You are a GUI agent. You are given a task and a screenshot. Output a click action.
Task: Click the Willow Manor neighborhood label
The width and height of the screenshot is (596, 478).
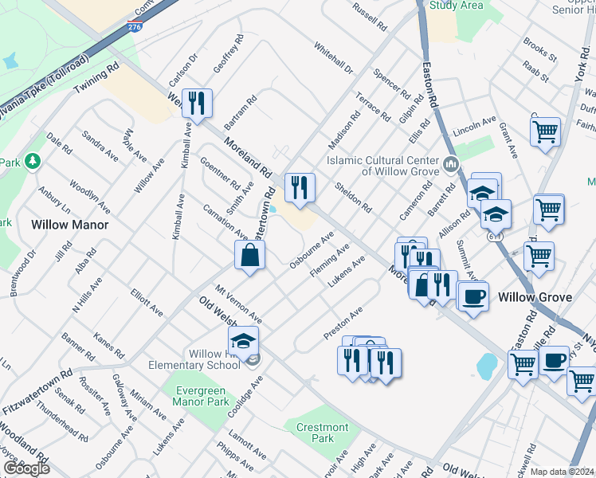pyautogui.click(x=69, y=225)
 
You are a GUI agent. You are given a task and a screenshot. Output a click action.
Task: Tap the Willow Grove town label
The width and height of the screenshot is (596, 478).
pyautogui.click(x=535, y=297)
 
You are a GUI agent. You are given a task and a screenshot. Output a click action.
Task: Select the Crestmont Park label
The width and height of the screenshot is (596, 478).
pyautogui.click(x=323, y=433)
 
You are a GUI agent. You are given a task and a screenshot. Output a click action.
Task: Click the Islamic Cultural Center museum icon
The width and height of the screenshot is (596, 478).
pyautogui.click(x=451, y=165)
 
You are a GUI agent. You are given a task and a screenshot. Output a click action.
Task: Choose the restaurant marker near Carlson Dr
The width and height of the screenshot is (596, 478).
pyautogui.click(x=196, y=103)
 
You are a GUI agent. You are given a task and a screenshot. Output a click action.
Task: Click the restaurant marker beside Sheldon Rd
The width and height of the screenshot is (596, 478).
pyautogui.click(x=300, y=187)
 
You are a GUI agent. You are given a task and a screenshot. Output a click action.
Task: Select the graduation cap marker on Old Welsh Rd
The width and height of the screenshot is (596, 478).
pyautogui.click(x=243, y=341)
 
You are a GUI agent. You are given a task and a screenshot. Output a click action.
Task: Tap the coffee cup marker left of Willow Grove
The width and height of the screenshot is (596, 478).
pyautogui.click(x=474, y=296)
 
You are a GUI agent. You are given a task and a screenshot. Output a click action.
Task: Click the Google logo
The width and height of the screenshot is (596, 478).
pyautogui.click(x=26, y=468)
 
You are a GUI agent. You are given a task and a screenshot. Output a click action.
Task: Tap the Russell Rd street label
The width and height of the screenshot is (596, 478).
pyautogui.click(x=370, y=15)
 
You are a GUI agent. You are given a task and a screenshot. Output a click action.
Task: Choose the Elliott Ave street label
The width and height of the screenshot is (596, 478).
pyautogui.click(x=147, y=303)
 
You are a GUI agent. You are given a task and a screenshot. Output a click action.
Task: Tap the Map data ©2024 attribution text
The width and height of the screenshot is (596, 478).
pyautogui.click(x=563, y=472)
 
